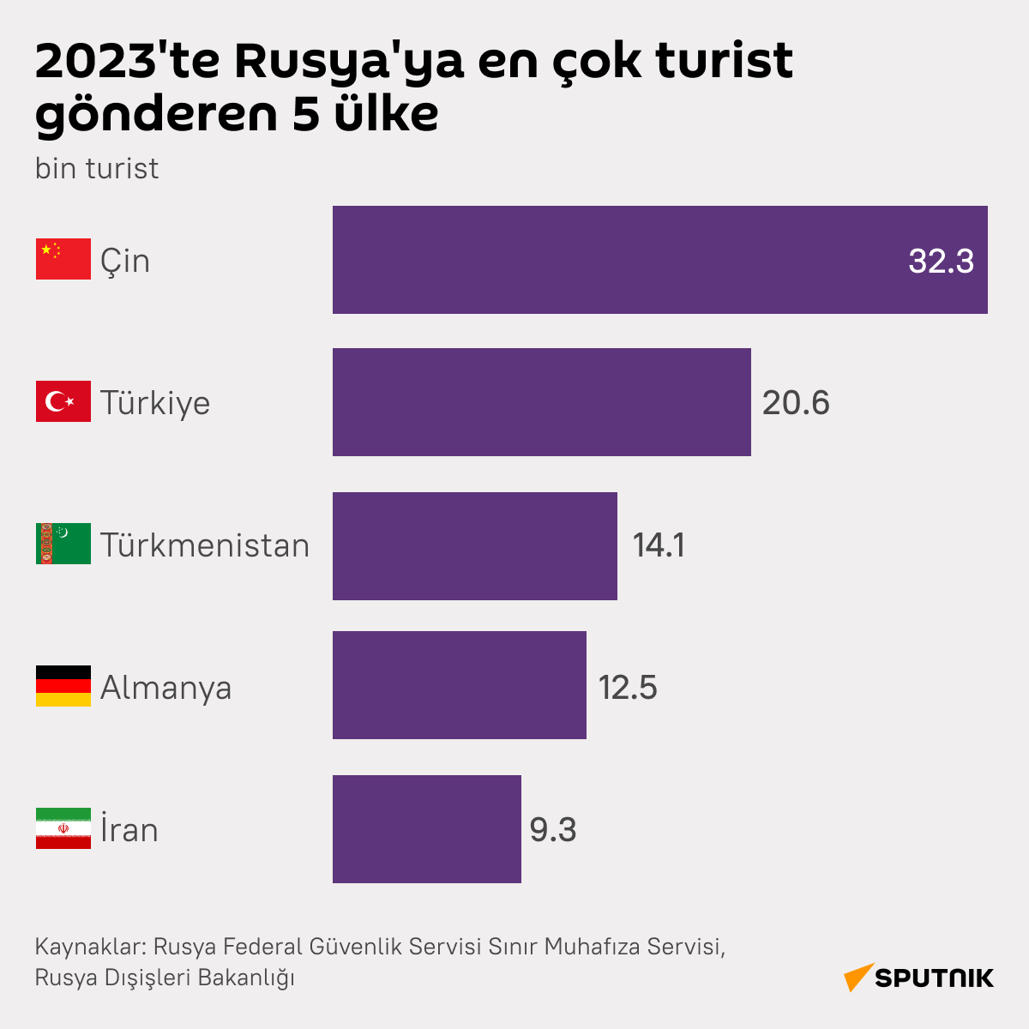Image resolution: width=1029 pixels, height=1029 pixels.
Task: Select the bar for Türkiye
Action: coord(541,402)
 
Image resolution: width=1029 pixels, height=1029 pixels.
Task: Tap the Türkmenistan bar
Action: coord(474,546)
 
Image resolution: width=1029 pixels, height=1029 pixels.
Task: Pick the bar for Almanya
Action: coord(459,685)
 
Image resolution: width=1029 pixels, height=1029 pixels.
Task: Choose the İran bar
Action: coord(426,829)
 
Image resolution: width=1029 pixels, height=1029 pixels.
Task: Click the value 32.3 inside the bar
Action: coord(941,261)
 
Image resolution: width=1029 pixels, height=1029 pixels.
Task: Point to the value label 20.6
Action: coord(796,403)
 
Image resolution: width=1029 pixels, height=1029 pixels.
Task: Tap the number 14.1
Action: coord(659,545)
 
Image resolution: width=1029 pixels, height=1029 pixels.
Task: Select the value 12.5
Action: coord(628,688)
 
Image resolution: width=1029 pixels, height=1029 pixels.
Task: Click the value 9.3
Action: coord(553,830)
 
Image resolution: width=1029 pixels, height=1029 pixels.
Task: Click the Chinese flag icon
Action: coord(63,259)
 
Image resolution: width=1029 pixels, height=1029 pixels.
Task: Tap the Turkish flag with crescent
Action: coord(63,401)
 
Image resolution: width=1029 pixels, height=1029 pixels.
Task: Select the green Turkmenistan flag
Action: coord(63,544)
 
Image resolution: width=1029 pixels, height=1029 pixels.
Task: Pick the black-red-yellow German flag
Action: coord(63,686)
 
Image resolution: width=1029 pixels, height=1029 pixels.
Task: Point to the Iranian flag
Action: coord(63,828)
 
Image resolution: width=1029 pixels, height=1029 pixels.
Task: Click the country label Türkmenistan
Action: coord(204,545)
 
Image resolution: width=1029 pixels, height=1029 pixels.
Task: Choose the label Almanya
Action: coord(165,688)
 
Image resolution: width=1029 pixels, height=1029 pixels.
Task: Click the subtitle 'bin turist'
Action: coord(96,168)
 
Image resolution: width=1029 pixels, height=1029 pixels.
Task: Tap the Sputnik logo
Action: coord(918,978)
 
